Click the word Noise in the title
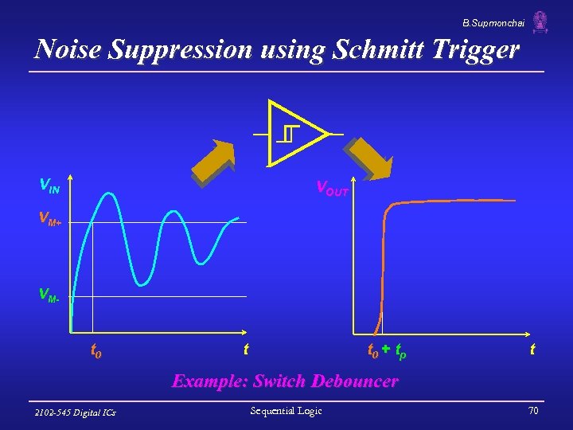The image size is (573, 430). coord(69,50)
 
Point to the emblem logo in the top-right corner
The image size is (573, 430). coord(540,21)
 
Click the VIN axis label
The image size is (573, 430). coord(49,186)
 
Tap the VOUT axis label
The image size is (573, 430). coord(332,189)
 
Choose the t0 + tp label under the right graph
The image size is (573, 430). coord(387,350)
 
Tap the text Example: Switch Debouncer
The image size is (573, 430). coord(285,381)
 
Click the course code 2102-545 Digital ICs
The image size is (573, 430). coord(76,412)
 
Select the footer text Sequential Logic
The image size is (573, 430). coord(286,411)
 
